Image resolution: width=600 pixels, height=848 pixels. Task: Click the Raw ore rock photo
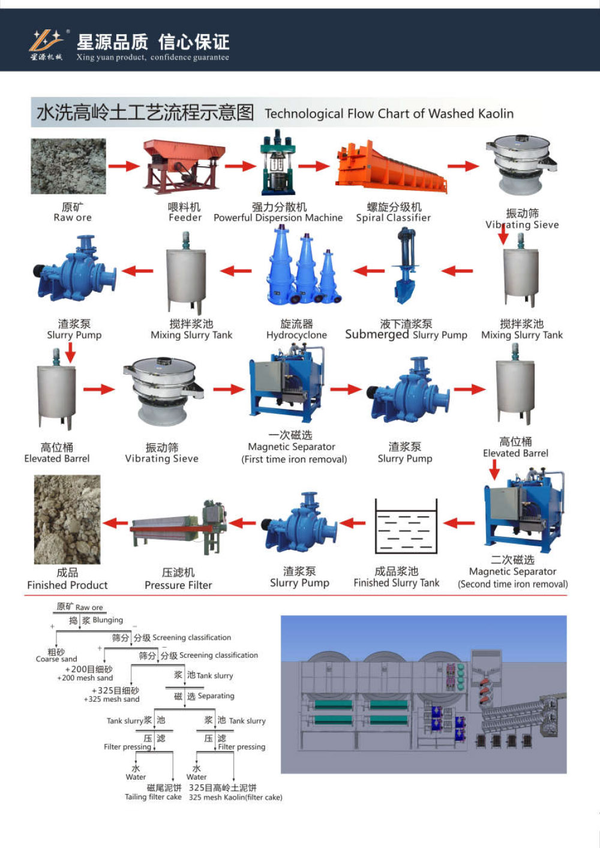pyautogui.click(x=68, y=166)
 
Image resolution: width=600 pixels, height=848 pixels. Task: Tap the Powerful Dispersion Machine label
pyautogui.click(x=278, y=218)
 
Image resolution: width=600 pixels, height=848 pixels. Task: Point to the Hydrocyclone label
pyautogui.click(x=296, y=335)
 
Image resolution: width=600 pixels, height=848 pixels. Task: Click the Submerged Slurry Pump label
pyautogui.click(x=406, y=335)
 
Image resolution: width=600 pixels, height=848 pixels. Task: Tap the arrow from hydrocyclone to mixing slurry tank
pyautogui.click(x=236, y=271)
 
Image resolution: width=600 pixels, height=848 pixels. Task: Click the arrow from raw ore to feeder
pyautogui.click(x=124, y=166)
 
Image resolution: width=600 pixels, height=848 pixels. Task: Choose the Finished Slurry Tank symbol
pyautogui.click(x=406, y=527)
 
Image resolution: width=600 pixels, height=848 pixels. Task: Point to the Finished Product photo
pyautogui.click(x=67, y=519)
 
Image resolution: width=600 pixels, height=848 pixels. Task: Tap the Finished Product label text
pyautogui.click(x=67, y=585)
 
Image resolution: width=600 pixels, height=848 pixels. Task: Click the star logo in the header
pyautogui.click(x=46, y=41)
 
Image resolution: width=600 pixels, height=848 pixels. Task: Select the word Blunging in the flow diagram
pyautogui.click(x=107, y=620)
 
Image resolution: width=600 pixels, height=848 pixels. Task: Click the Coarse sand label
pyautogui.click(x=56, y=659)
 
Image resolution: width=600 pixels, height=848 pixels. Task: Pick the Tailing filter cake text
pyautogui.click(x=153, y=797)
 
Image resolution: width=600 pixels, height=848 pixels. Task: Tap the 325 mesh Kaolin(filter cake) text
pyautogui.click(x=235, y=798)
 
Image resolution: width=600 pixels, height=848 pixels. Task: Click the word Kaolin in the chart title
pyautogui.click(x=495, y=113)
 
